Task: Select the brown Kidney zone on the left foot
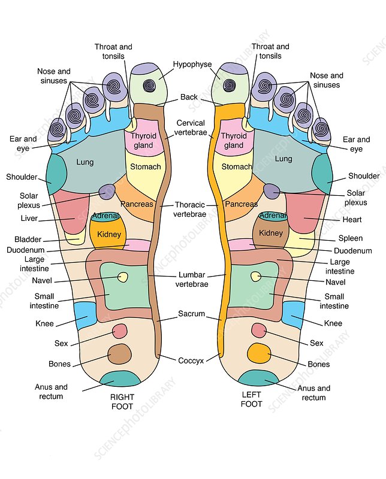pyautogui.click(x=270, y=233)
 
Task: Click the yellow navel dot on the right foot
pyautogui.click(x=123, y=277)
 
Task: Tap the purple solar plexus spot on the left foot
pyautogui.click(x=272, y=192)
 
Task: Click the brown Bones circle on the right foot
pyautogui.click(x=120, y=354)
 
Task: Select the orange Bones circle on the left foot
pyautogui.click(x=258, y=353)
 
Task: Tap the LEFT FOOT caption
pyautogui.click(x=251, y=399)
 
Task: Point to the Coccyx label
pyautogui.click(x=191, y=360)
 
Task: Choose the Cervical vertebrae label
pyautogui.click(x=191, y=128)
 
